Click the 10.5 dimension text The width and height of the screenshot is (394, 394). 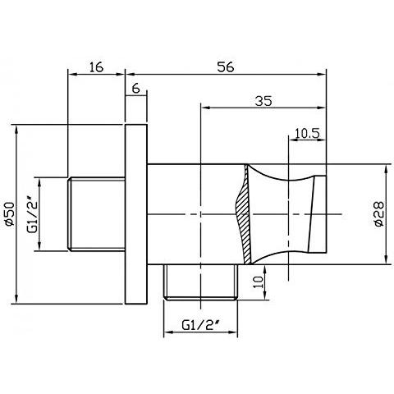point(305,131)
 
